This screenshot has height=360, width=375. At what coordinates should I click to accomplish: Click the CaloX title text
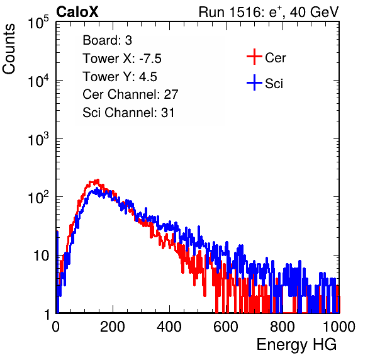[77, 12]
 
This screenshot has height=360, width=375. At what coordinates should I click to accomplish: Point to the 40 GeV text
[314, 12]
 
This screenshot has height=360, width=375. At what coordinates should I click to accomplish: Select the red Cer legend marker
[254, 57]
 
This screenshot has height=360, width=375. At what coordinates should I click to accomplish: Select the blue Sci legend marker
[254, 82]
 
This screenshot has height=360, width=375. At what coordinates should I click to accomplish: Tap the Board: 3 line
[107, 40]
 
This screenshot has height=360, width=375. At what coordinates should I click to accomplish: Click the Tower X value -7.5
[150, 59]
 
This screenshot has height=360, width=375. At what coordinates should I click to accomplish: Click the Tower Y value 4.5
[148, 77]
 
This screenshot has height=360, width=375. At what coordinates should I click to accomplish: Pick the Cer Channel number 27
[171, 94]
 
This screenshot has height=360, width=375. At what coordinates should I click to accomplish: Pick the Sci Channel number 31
[167, 113]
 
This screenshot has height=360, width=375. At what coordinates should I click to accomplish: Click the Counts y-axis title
[9, 49]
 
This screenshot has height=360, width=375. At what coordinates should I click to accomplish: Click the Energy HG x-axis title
[296, 345]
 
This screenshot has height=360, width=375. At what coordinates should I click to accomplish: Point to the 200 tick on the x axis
[113, 327]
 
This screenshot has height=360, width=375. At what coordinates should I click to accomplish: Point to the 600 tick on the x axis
[226, 327]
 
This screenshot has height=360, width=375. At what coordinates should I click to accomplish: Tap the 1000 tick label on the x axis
[339, 327]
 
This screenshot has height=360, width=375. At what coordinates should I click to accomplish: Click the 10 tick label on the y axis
[42, 256]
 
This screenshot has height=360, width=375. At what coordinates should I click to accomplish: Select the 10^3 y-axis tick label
[38, 138]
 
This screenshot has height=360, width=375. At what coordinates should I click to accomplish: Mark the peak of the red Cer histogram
[97, 180]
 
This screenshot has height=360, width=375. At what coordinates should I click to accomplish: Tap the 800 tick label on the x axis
[283, 327]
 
